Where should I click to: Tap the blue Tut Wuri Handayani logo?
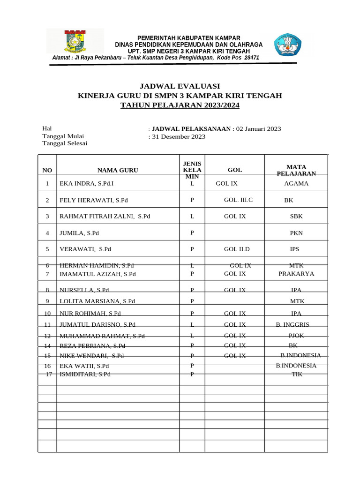(287, 44)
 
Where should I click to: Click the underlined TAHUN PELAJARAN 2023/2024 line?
(180, 105)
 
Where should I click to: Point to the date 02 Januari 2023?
(258, 129)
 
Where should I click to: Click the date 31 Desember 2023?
(179, 137)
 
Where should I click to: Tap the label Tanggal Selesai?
(65, 143)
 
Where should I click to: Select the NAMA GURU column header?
(118, 171)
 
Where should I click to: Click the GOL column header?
(235, 171)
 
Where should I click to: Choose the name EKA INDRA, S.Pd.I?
(87, 184)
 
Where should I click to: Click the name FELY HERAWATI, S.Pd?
(93, 200)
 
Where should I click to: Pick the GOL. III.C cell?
(238, 200)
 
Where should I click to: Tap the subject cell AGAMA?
(296, 184)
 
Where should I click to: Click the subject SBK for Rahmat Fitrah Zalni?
(296, 217)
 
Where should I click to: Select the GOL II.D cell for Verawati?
(237, 249)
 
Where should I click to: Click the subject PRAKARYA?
(296, 274)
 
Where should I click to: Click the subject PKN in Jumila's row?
(296, 233)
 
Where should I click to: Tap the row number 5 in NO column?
(47, 249)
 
